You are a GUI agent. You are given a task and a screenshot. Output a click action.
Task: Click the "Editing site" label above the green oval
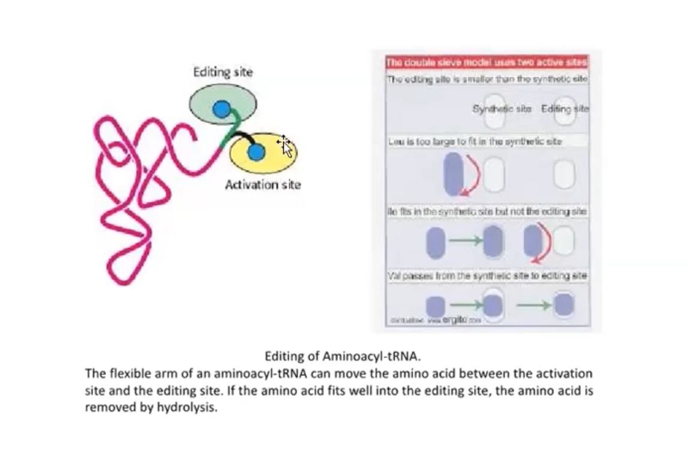click(223, 72)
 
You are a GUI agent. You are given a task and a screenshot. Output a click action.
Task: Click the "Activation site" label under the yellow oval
click(262, 185)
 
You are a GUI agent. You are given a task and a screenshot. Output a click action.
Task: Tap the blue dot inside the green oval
click(222, 109)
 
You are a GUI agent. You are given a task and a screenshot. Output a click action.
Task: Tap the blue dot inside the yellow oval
click(256, 153)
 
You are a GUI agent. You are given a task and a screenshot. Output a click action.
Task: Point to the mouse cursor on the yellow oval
click(285, 145)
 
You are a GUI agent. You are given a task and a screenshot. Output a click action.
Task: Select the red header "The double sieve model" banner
click(487, 62)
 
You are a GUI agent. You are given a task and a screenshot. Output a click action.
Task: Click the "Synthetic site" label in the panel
click(502, 109)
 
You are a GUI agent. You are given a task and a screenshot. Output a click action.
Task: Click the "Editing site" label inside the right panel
click(565, 109)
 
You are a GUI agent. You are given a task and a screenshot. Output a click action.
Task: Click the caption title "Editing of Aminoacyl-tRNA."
click(347, 356)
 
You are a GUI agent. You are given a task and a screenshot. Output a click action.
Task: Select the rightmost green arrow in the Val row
click(533, 305)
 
